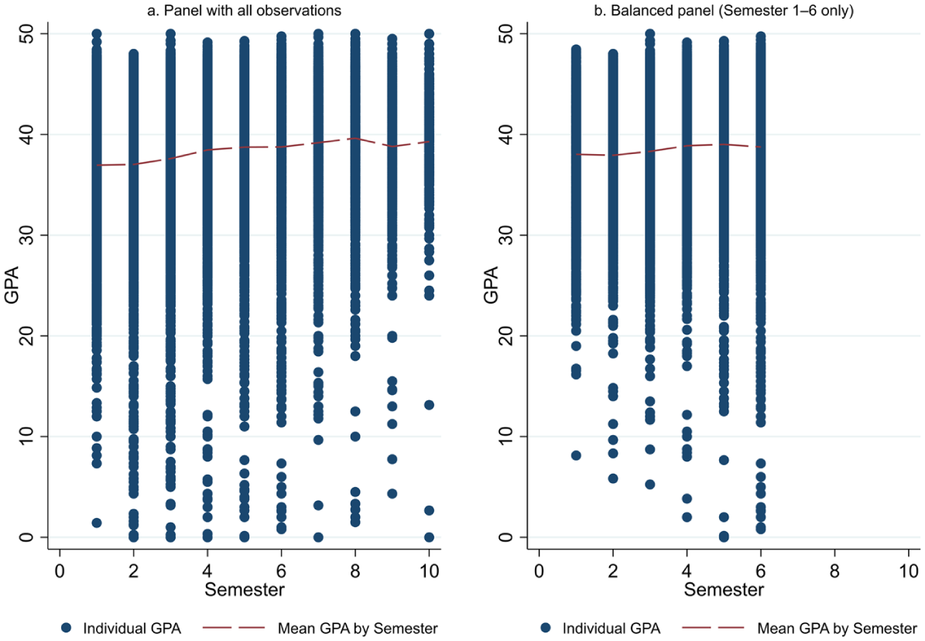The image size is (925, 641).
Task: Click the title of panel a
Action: pos(244,10)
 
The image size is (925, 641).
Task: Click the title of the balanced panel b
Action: pos(723,10)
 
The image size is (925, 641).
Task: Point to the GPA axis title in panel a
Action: pos(11,285)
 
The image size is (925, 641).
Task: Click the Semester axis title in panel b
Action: pos(724,589)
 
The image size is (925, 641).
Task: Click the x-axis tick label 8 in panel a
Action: pos(355,571)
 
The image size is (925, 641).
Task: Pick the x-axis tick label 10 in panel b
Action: pos(909,571)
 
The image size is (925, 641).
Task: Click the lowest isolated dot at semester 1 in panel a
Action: pos(97,523)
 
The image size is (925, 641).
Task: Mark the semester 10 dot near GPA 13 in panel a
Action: pos(429,405)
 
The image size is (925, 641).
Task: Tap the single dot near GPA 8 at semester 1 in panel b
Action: pos(576,456)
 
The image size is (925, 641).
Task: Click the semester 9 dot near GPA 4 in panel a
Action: pos(392,493)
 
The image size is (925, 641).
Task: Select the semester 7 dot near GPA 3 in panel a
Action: pos(318,506)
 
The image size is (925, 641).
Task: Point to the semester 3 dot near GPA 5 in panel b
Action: pos(649,485)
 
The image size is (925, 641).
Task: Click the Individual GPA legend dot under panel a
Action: pos(66,628)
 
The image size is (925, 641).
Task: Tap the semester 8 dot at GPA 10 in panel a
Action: pos(355,437)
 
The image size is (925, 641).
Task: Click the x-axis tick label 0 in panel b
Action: pos(539,571)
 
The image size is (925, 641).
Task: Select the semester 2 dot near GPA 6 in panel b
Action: pos(613,478)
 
